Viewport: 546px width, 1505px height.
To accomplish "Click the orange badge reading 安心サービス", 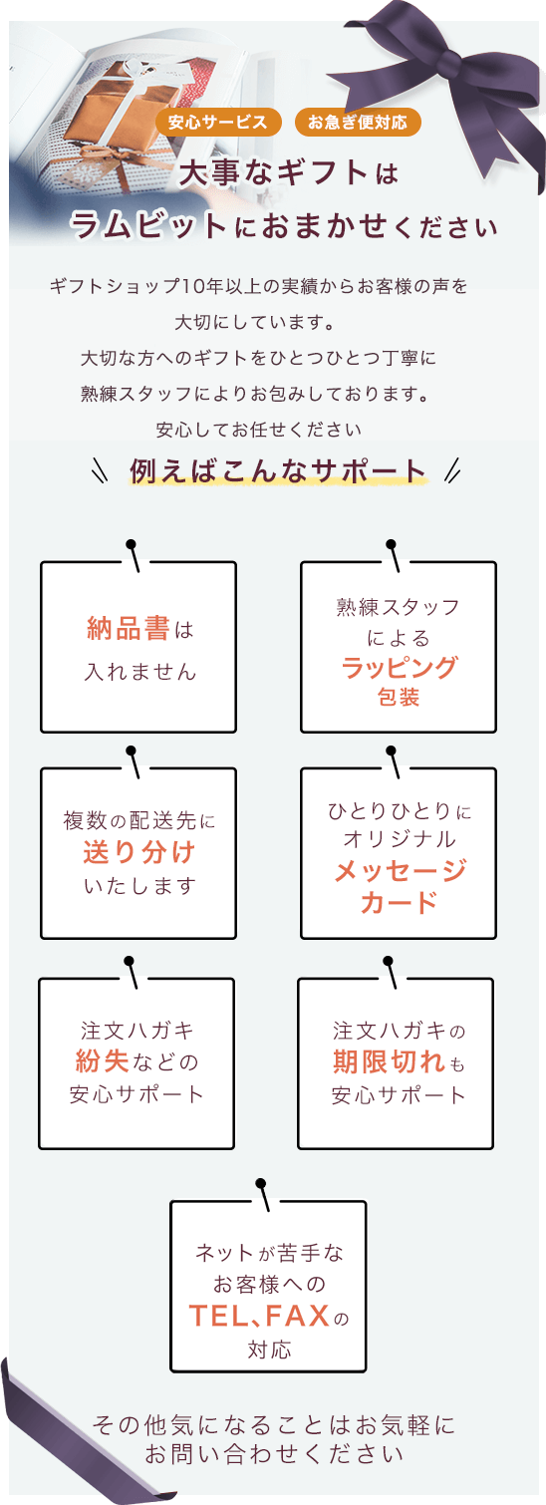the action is pyautogui.click(x=218, y=123).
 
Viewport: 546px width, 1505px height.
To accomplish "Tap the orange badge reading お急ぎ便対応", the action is pyautogui.click(x=358, y=123).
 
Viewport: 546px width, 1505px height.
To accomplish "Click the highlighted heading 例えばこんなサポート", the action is pyautogui.click(x=278, y=470).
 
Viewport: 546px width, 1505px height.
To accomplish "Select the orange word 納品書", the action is pyautogui.click(x=129, y=629).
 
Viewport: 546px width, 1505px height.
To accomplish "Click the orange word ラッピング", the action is pyautogui.click(x=399, y=667).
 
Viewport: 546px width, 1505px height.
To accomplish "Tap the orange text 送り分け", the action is pyautogui.click(x=139, y=852).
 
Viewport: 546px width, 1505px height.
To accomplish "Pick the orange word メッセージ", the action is pyautogui.click(x=399, y=870).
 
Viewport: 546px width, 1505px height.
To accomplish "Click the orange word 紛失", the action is pyautogui.click(x=102, y=1060).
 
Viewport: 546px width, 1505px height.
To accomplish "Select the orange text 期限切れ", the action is pyautogui.click(x=389, y=1061).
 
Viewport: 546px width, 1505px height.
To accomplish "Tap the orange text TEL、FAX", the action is pyautogui.click(x=259, y=1316).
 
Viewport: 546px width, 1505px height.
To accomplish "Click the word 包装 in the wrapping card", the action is pyautogui.click(x=399, y=698).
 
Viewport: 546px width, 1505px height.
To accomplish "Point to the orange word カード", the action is pyautogui.click(x=399, y=902).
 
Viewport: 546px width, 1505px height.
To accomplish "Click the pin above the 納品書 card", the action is pyautogui.click(x=134, y=555).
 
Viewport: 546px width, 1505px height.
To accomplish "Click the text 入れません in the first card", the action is pyautogui.click(x=139, y=671).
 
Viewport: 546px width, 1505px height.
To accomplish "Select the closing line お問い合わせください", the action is pyautogui.click(x=274, y=1454).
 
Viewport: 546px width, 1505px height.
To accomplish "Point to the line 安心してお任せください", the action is pyautogui.click(x=259, y=430).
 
